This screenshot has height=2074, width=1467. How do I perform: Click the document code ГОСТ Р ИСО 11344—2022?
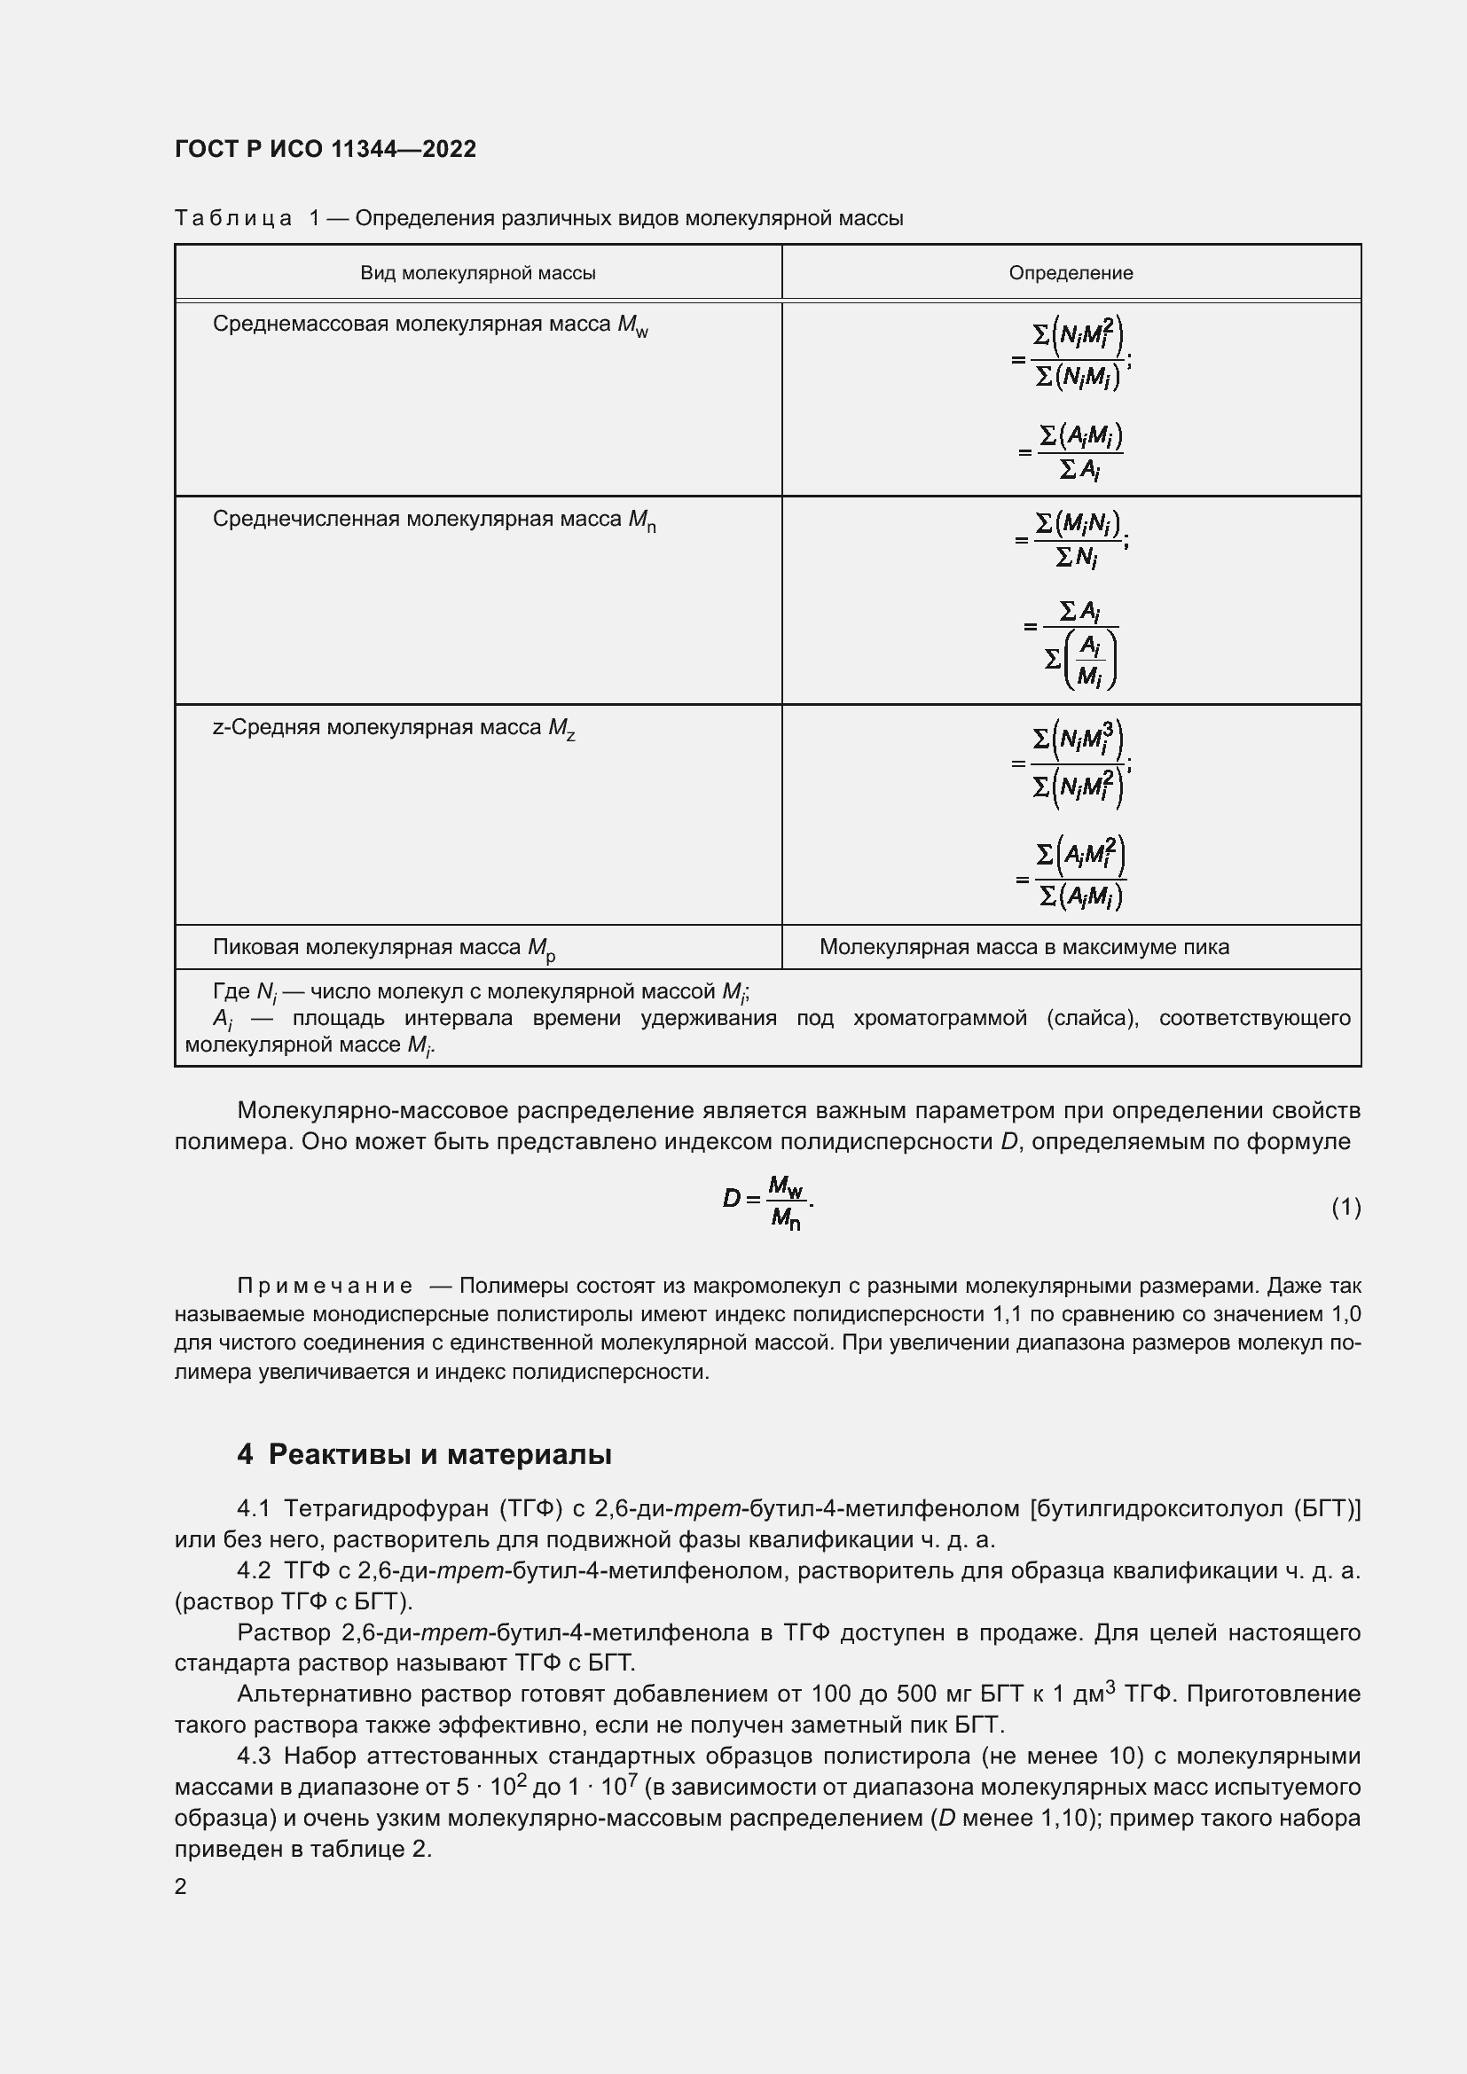pyautogui.click(x=326, y=149)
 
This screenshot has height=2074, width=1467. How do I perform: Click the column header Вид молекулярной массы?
pyautogui.click(x=478, y=273)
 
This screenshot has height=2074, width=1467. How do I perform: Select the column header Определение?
pyautogui.click(x=1071, y=273)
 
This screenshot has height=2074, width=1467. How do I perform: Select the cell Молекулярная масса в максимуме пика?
pyautogui.click(x=1024, y=948)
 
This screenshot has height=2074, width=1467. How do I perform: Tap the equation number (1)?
pyautogui.click(x=1345, y=1207)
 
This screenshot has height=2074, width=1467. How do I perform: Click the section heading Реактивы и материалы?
pyautogui.click(x=440, y=1454)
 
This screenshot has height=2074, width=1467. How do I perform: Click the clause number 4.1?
pyautogui.click(x=254, y=1508)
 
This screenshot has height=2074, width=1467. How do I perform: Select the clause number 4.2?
pyautogui.click(x=254, y=1571)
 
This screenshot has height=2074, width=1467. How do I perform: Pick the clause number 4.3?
pyautogui.click(x=254, y=1756)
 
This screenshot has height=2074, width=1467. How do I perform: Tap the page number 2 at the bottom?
pyautogui.click(x=181, y=1887)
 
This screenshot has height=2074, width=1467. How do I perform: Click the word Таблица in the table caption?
pyautogui.click(x=233, y=219)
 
